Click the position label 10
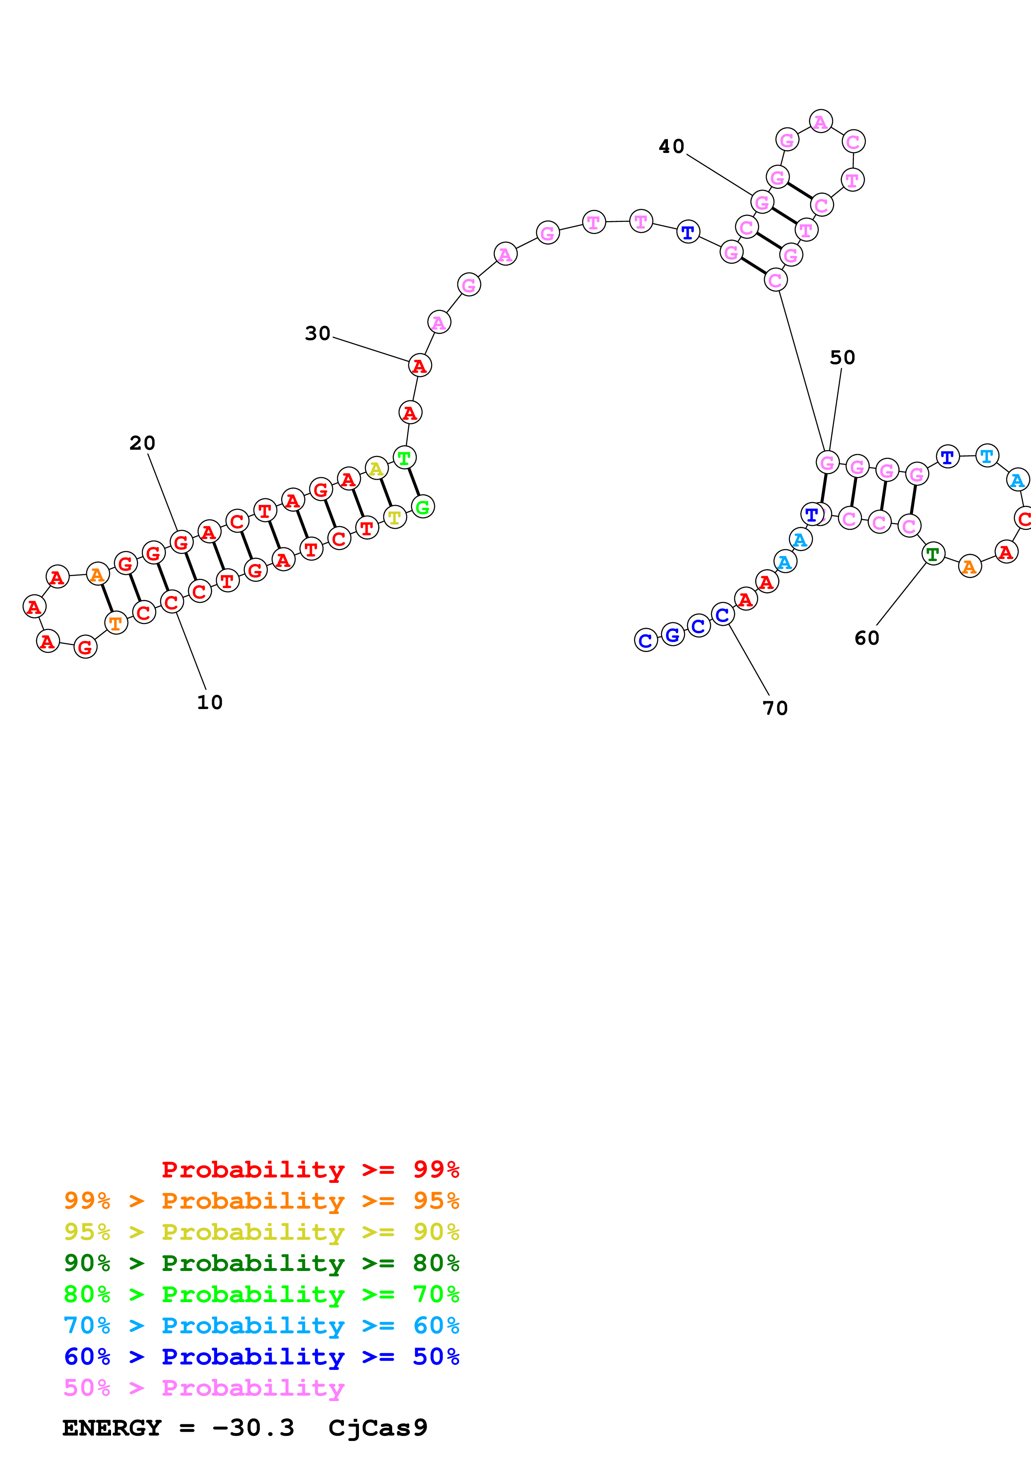[210, 702]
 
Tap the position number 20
[142, 443]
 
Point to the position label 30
[318, 333]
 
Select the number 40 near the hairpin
[671, 147]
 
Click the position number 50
[842, 357]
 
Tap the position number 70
[775, 708]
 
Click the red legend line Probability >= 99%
[310, 1170]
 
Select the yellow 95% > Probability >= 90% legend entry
[261, 1232]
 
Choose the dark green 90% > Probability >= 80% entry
[261, 1263]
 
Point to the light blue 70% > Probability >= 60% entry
[261, 1325]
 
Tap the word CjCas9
[378, 1428]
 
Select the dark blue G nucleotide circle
[673, 634]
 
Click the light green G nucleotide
[423, 507]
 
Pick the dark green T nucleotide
[932, 554]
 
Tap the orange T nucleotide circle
[116, 623]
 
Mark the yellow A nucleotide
[376, 469]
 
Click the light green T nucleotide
[404, 457]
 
